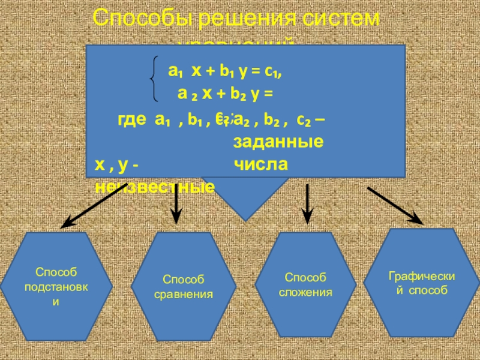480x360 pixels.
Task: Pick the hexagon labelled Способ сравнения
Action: pyautogui.click(x=184, y=287)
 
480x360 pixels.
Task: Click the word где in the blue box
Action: pyautogui.click(x=133, y=119)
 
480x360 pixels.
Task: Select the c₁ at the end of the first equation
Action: pyautogui.click(x=274, y=71)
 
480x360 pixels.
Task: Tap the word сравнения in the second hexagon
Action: pyautogui.click(x=184, y=294)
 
